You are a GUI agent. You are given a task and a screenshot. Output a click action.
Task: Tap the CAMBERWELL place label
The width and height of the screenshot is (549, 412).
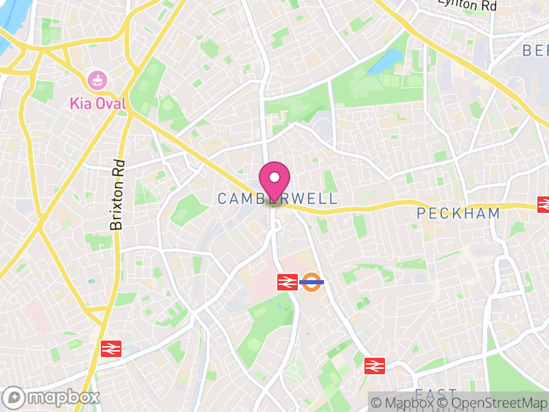pos(277,199)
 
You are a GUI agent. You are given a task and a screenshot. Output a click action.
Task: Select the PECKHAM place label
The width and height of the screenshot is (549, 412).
pos(458,214)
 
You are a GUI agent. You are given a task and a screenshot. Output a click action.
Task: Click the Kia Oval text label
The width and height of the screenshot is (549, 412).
pos(97,104)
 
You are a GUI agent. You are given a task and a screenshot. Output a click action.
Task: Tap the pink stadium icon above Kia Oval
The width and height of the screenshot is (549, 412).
pos(97,80)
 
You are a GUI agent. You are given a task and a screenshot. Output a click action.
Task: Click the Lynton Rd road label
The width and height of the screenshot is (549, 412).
pos(469,5)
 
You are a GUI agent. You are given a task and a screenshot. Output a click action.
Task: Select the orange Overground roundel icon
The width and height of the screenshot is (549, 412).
pos(312,281)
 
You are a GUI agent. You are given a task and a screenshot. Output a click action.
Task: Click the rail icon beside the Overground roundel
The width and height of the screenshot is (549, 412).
pos(288,281)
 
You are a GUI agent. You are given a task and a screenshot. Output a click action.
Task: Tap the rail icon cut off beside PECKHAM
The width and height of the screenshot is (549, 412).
pos(544,204)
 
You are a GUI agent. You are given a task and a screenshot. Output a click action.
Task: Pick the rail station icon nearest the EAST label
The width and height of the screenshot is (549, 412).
pos(375,365)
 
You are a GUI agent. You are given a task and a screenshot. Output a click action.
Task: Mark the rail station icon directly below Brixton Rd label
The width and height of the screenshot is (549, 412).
pos(110,348)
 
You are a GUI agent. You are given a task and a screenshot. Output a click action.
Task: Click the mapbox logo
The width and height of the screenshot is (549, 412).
pos(51,398)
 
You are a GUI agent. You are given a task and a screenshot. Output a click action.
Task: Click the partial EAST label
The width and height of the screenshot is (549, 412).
pos(435,394)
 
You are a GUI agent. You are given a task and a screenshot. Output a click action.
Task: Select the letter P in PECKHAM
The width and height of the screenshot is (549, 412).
pos(423,214)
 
